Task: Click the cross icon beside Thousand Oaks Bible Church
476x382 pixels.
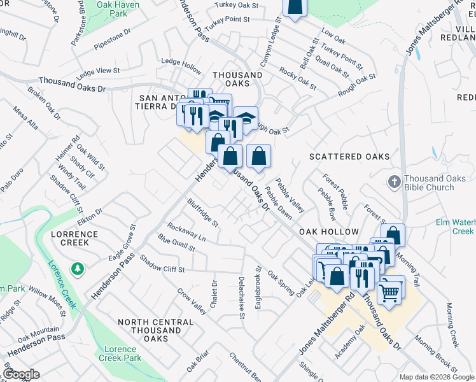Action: (x=393, y=181)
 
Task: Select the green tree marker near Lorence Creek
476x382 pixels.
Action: (x=78, y=269)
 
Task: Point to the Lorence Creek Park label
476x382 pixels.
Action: (x=121, y=353)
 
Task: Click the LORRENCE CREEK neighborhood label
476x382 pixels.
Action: (x=74, y=238)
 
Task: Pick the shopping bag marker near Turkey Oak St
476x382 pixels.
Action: (x=295, y=6)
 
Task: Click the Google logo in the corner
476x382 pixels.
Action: (x=21, y=374)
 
